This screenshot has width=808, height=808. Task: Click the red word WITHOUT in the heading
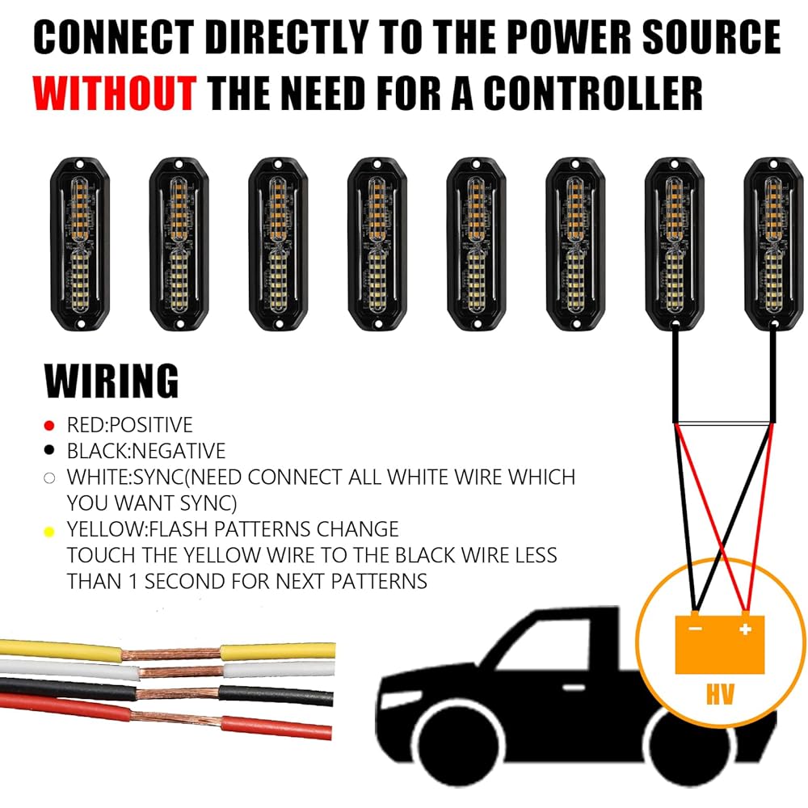116,94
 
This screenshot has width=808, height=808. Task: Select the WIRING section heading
112,381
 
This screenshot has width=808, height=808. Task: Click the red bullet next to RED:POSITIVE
49,425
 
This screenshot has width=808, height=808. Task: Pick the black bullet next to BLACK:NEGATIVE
49,451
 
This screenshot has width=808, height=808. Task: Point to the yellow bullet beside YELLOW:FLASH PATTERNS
49,531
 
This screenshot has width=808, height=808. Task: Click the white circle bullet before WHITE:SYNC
49,478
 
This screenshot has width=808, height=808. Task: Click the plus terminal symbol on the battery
746,628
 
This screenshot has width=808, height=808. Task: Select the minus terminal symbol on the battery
694,628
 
